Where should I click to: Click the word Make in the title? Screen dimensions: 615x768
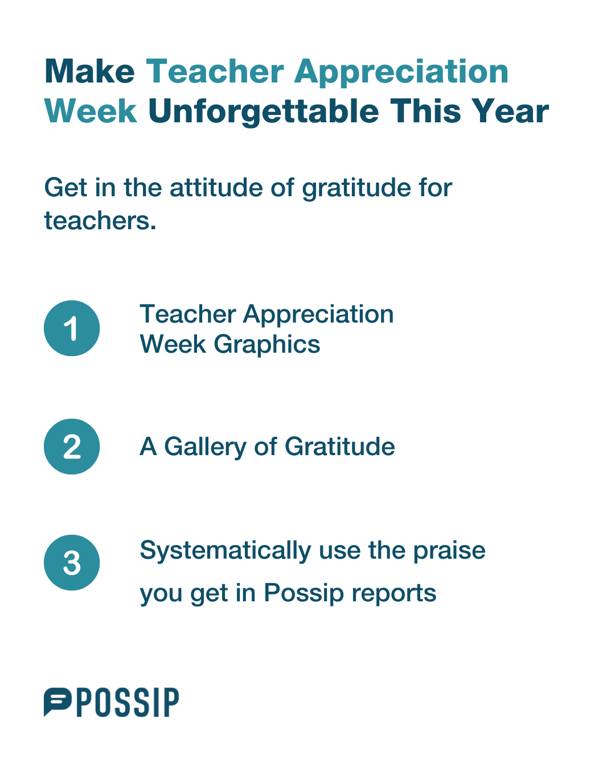pyautogui.click(x=89, y=71)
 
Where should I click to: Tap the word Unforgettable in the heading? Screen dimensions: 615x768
pyautogui.click(x=263, y=112)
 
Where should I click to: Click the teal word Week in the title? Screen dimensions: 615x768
pyautogui.click(x=91, y=111)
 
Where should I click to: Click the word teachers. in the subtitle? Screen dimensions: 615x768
pyautogui.click(x=100, y=221)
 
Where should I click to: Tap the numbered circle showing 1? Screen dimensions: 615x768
pyautogui.click(x=72, y=328)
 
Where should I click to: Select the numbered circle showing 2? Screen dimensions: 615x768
pyautogui.click(x=72, y=447)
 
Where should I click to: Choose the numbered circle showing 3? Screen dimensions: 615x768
pyautogui.click(x=72, y=563)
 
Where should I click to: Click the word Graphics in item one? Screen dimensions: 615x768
pyautogui.click(x=266, y=345)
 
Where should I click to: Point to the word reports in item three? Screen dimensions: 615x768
pyautogui.click(x=394, y=594)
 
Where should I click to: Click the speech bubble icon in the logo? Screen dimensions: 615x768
pyautogui.click(x=58, y=702)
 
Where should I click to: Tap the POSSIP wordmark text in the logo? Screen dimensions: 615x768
pyautogui.click(x=128, y=703)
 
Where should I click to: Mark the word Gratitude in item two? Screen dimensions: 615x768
pyautogui.click(x=340, y=447)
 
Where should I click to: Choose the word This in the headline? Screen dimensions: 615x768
pyautogui.click(x=425, y=111)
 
